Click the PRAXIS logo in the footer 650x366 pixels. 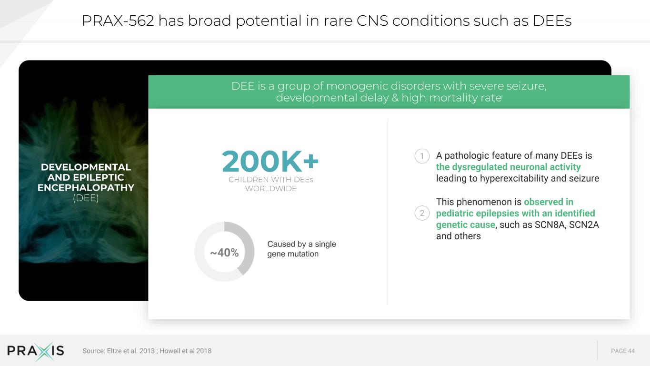click(x=35, y=351)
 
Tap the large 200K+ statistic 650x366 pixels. click(x=270, y=161)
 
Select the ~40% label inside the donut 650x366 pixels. click(x=224, y=253)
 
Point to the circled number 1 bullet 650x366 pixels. click(x=422, y=156)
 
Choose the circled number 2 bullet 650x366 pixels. click(x=422, y=213)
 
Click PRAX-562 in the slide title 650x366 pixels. click(x=118, y=21)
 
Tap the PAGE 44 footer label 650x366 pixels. click(x=623, y=351)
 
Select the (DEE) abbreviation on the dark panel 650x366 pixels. click(x=86, y=198)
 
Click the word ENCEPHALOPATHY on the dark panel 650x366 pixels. click(x=86, y=188)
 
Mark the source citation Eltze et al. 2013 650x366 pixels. click(x=131, y=351)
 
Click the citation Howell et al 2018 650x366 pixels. click(x=185, y=351)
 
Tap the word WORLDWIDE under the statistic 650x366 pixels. click(x=271, y=189)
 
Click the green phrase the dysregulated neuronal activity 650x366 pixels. click(x=508, y=167)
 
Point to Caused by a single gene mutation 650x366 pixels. click(x=301, y=249)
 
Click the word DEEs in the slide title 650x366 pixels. click(x=552, y=21)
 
